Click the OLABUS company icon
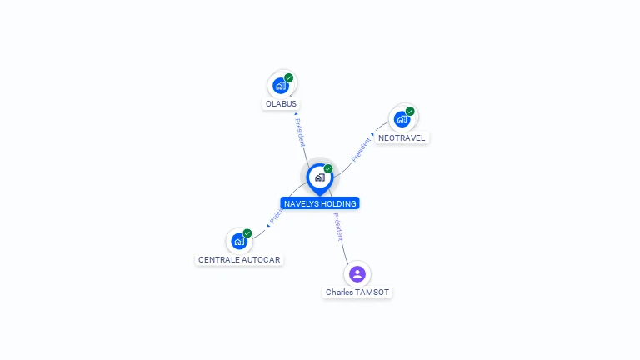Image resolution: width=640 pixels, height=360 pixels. coord(281,85)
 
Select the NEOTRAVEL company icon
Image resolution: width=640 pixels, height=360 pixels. coord(402,119)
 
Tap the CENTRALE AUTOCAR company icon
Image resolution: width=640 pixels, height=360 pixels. coord(239,242)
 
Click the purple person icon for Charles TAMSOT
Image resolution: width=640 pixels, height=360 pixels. coord(357,273)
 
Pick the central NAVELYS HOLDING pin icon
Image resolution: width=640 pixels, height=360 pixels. coord(319,177)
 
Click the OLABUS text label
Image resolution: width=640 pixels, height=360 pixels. coord(281,104)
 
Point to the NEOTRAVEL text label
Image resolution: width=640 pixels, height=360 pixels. coord(402,137)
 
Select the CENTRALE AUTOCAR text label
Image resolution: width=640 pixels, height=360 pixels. coord(239,260)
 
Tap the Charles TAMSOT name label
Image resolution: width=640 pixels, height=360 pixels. coord(357,292)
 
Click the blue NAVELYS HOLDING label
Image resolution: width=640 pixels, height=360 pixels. coord(320,203)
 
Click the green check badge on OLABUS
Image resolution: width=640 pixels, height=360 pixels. coord(289,77)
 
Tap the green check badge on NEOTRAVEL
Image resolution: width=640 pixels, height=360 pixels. coord(410,111)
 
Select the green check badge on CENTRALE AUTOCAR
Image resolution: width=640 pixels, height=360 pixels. coord(247,233)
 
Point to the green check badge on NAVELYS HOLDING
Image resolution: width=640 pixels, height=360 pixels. coord(328,168)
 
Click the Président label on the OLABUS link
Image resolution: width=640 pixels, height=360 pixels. coord(300,132)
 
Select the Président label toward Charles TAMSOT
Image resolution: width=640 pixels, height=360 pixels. coord(338,227)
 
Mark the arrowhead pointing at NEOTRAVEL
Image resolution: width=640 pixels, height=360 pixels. coord(373,135)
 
